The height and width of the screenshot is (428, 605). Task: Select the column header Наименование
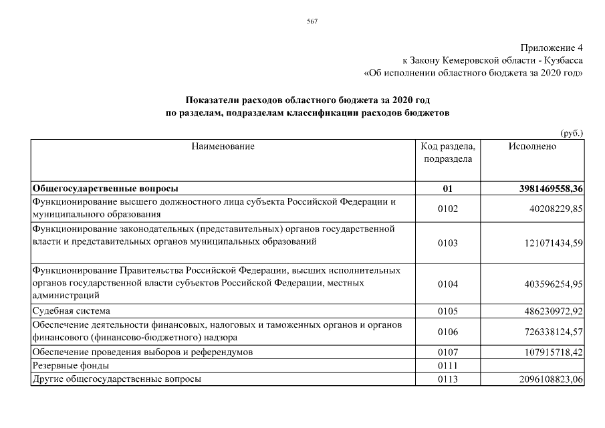(223, 146)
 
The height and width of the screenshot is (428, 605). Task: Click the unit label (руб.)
(572, 132)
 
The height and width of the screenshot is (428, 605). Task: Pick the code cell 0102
(448, 209)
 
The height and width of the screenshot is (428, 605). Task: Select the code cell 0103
(448, 243)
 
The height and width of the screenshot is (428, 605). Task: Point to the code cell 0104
(448, 284)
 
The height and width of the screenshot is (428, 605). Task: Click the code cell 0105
(448, 312)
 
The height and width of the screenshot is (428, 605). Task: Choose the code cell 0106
(448, 332)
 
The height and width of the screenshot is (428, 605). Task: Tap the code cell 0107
(448, 352)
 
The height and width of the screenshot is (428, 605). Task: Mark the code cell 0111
(448, 366)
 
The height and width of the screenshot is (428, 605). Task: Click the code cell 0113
(448, 380)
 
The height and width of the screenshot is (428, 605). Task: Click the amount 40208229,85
(555, 209)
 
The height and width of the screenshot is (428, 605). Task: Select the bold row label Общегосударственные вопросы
(106, 189)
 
